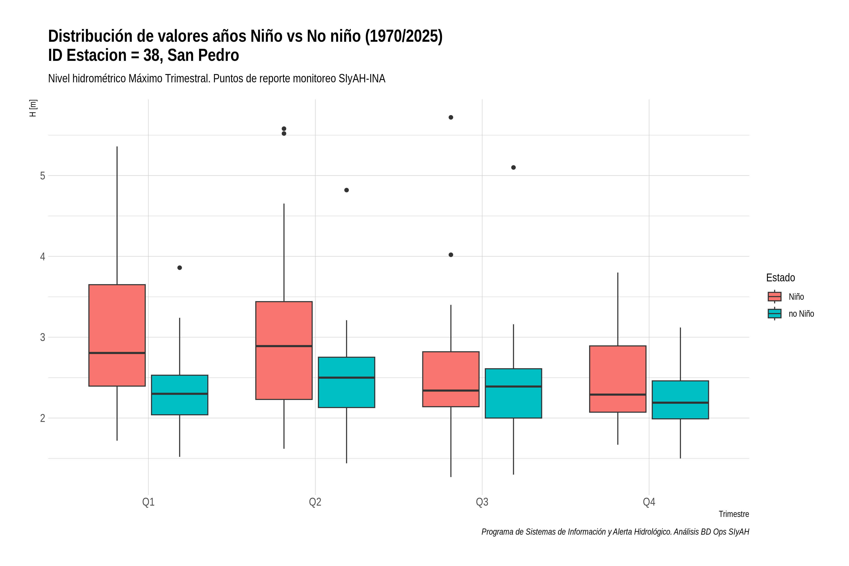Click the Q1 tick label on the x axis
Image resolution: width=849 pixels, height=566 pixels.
pos(148,502)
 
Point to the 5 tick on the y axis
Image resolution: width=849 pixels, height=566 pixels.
pos(43,176)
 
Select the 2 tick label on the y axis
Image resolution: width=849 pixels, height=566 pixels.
pos(43,418)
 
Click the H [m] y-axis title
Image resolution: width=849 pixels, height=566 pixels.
pos(33,108)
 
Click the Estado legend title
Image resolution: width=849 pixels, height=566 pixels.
pos(780,278)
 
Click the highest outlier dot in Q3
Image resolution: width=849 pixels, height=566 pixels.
pos(451,117)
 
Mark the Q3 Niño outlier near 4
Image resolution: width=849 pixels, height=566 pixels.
pos(451,255)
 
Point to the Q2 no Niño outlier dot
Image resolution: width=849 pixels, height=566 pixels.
pos(346,190)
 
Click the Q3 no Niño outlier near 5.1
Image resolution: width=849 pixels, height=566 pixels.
pos(513,167)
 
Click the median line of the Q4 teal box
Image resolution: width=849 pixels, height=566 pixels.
pos(680,403)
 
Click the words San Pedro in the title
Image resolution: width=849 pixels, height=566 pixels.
pos(203,55)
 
